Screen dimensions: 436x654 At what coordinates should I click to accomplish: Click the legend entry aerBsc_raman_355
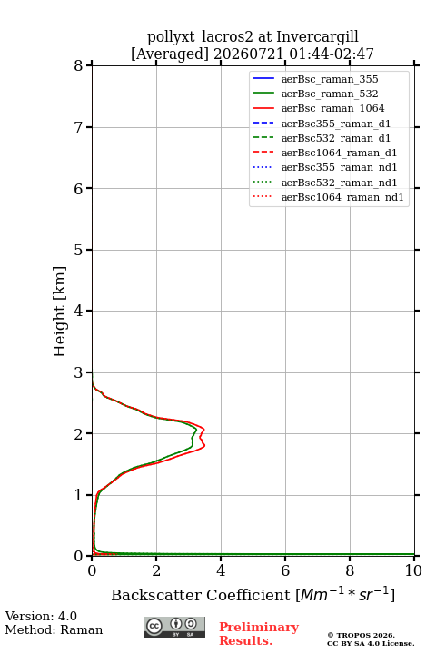(x=330, y=79)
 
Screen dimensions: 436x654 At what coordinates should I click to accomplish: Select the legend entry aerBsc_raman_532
(x=330, y=94)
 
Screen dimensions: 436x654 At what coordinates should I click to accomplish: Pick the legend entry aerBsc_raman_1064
(x=333, y=108)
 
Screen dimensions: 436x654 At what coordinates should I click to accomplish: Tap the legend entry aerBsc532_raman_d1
(x=336, y=138)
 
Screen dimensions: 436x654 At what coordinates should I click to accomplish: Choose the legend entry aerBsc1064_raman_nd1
(x=342, y=197)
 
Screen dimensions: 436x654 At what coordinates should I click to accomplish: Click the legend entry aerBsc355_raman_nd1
(x=339, y=167)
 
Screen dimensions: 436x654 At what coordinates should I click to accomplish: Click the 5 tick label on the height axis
(x=79, y=250)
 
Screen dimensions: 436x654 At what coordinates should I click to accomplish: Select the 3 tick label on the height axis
(x=79, y=372)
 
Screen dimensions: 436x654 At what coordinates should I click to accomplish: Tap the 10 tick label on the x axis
(x=413, y=570)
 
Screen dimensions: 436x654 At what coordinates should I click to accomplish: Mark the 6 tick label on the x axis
(x=285, y=570)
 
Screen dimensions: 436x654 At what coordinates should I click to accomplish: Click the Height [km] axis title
(x=59, y=312)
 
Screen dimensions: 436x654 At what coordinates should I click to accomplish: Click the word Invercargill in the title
(x=317, y=36)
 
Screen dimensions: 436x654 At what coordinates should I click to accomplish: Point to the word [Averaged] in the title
(x=169, y=54)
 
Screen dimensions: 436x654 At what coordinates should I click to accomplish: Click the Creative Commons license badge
(x=174, y=627)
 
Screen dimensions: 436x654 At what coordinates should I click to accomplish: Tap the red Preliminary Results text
(x=259, y=634)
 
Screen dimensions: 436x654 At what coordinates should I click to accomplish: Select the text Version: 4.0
(x=41, y=616)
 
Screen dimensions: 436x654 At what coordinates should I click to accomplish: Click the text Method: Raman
(x=54, y=629)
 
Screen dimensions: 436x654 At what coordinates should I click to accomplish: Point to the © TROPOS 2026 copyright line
(x=362, y=635)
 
